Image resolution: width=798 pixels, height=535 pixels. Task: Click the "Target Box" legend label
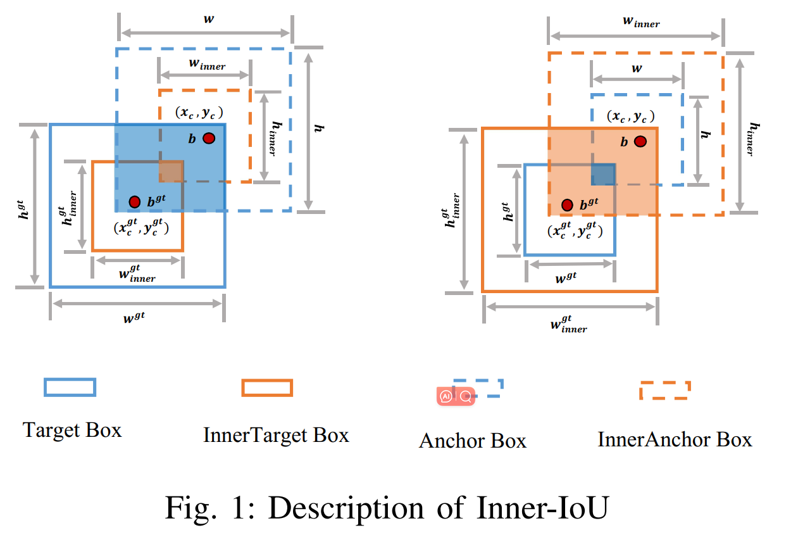(72, 431)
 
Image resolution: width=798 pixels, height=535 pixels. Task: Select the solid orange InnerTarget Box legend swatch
(267, 387)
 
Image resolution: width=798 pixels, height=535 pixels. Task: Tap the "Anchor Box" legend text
(472, 441)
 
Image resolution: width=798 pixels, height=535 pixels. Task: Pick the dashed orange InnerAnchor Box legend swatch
(665, 390)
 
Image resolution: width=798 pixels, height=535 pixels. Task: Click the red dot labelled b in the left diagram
(209, 138)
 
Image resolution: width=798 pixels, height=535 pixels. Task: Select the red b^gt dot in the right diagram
(567, 205)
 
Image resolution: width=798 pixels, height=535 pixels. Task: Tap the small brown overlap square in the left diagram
(171, 172)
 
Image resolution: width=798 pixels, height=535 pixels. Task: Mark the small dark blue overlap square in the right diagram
(603, 174)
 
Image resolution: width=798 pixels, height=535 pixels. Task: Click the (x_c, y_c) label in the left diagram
(198, 113)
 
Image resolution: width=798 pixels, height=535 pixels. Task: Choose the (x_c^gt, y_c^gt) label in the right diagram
(575, 230)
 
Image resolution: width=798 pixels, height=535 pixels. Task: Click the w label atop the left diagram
(208, 19)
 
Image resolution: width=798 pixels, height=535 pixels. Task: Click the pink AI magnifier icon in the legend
(456, 396)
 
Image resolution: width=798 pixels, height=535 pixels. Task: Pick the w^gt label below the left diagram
(134, 316)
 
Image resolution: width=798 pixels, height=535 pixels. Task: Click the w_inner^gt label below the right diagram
(568, 324)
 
